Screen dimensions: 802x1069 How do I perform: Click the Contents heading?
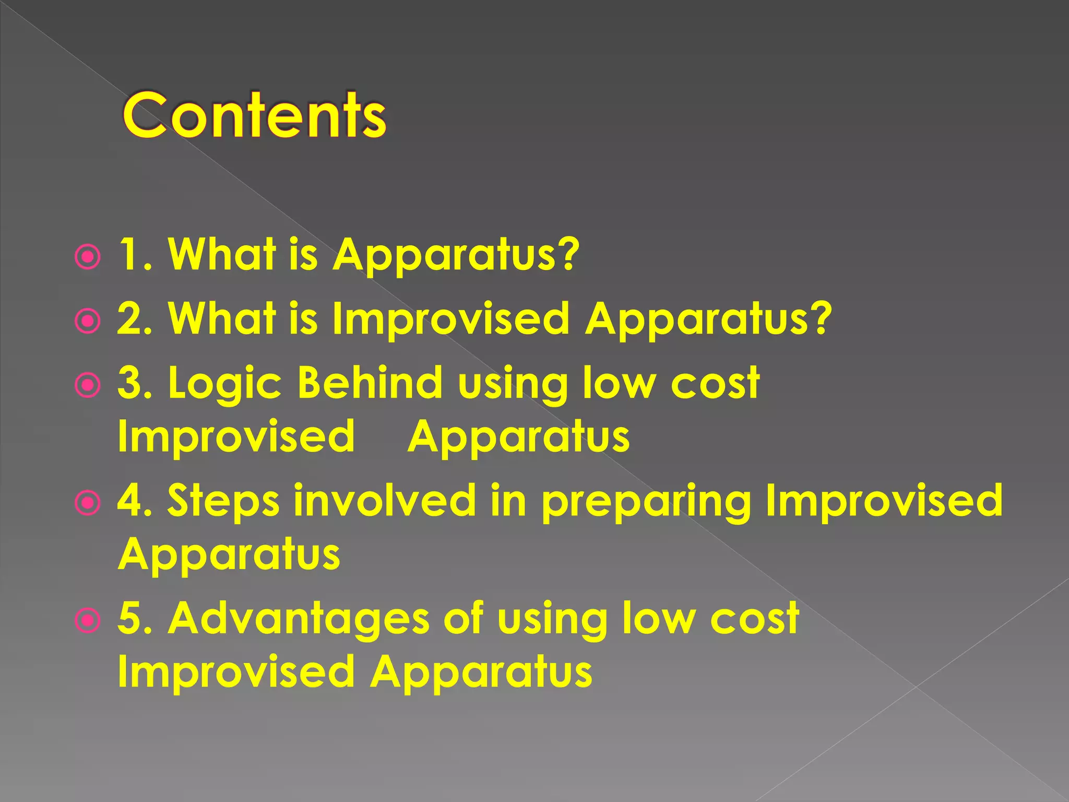pyautogui.click(x=254, y=115)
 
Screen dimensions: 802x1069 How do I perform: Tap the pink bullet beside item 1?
pyautogui.click(x=87, y=257)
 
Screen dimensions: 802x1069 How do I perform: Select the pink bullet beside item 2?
pyautogui.click(x=87, y=322)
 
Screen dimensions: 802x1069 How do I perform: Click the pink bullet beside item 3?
pyautogui.click(x=87, y=386)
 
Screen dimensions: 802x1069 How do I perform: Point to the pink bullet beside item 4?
pyautogui.click(x=87, y=503)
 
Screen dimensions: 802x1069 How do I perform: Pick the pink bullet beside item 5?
pyautogui.click(x=87, y=621)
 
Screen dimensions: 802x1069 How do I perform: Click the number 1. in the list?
pyautogui.click(x=135, y=255)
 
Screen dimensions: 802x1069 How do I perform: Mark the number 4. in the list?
pyautogui.click(x=135, y=500)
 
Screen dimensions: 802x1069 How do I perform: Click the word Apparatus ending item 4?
pyautogui.click(x=229, y=555)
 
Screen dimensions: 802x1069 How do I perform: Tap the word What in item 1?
pyautogui.click(x=221, y=254)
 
